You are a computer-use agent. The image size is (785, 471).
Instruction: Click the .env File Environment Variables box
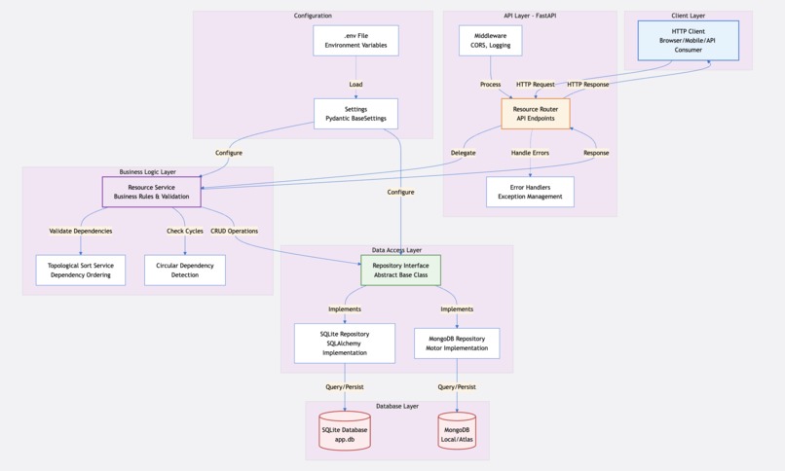355,41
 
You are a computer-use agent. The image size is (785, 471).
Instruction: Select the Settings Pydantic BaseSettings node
355,114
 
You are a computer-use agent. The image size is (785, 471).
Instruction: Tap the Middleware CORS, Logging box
490,41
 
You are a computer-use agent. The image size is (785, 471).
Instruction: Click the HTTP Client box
688,40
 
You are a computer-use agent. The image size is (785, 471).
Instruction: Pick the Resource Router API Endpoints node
535,114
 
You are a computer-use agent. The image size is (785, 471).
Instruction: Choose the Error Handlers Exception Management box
530,192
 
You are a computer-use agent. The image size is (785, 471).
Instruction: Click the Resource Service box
151,192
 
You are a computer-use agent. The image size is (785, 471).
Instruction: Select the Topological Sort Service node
81,270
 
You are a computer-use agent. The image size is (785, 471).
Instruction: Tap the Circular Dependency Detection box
184,270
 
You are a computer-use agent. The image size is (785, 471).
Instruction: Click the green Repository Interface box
400,270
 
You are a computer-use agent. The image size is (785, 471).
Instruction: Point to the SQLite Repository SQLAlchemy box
345,344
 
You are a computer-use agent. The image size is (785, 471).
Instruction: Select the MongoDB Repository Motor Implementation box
457,344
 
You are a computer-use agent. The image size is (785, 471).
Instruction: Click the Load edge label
355,85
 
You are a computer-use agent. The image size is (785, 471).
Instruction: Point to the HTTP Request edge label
536,85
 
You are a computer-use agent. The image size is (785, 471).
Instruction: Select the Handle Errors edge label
530,153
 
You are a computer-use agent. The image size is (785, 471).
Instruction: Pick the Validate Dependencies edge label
81,231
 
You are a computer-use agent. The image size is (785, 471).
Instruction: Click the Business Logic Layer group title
148,171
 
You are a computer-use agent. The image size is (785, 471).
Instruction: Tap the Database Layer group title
397,406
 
